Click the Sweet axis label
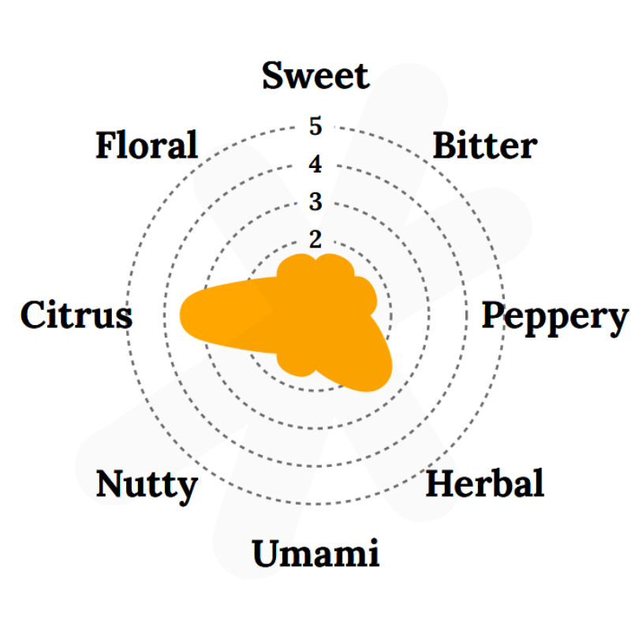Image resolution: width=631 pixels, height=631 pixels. click(316, 76)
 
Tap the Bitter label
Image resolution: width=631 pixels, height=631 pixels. click(485, 145)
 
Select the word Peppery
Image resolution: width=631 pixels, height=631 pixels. click(555, 318)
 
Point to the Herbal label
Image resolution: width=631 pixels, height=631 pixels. click(485, 483)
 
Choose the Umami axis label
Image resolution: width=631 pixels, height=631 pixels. click(316, 553)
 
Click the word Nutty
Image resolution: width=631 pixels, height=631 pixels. click(147, 486)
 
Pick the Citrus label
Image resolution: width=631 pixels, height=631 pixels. click(77, 315)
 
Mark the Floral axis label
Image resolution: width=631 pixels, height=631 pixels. click(147, 144)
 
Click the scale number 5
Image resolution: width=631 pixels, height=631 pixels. click(315, 126)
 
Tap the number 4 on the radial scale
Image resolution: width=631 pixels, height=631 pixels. click(315, 164)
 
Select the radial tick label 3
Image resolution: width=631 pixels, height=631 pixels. click(315, 202)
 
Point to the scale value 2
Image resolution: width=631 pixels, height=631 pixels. click(315, 240)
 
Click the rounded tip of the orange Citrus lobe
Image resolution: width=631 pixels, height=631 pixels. click(180, 315)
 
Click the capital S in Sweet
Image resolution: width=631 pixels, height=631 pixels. click(273, 76)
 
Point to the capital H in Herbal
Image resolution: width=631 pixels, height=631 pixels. click(442, 484)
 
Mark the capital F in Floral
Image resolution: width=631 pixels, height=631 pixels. click(108, 144)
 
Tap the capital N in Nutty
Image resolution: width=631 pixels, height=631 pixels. click(112, 483)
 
